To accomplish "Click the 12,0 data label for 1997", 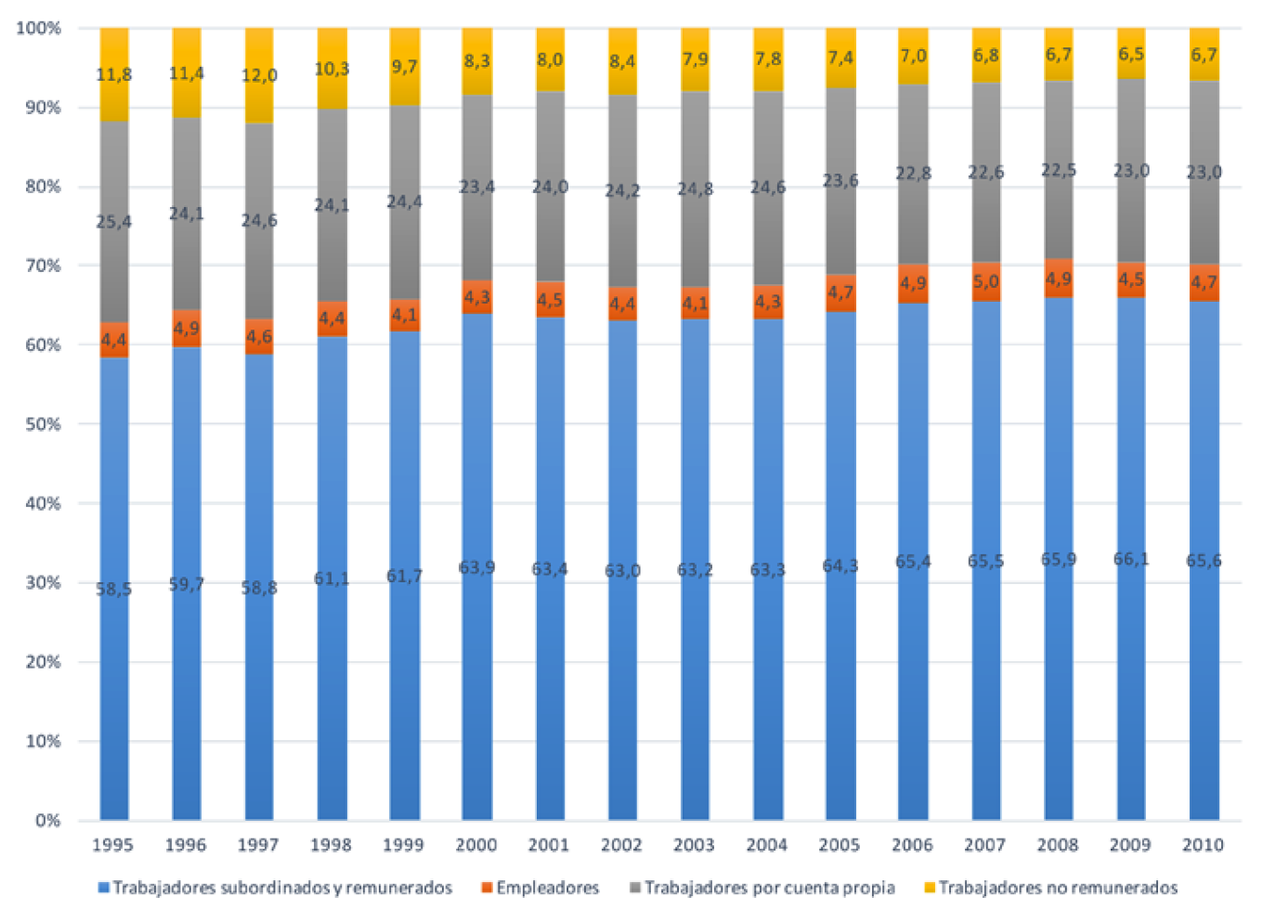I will tap(259, 75).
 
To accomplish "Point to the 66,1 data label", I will tap(1130, 559).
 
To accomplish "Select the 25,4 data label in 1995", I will tap(113, 222).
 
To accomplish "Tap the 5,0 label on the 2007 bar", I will tap(985, 281).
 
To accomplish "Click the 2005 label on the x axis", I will tap(840, 845).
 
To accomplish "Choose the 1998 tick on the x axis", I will tap(331, 845).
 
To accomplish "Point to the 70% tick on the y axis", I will tap(43, 266).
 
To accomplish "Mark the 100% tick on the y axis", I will tap(39, 28).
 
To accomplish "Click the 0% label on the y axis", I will tap(47, 821).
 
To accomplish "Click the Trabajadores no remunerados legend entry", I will tap(1058, 888).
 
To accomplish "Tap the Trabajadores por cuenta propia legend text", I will tap(770, 888).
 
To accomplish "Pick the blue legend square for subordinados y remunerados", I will tap(104, 888).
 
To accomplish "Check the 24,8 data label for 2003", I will tap(695, 189).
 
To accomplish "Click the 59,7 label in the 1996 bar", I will tap(186, 584).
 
